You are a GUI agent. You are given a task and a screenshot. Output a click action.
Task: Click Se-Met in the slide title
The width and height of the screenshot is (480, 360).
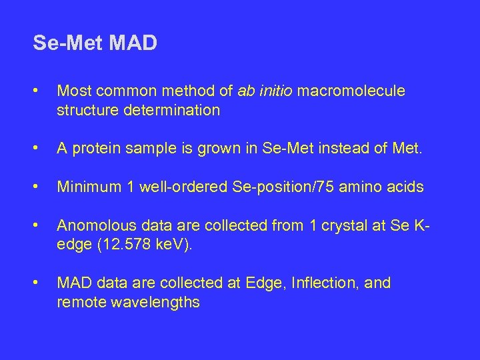[67, 44]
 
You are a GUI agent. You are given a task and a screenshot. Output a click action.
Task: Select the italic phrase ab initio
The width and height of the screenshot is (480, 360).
[265, 91]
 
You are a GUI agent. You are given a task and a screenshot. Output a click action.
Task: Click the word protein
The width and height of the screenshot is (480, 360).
[93, 149]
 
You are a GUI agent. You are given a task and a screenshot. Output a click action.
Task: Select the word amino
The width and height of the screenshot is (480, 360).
[362, 187]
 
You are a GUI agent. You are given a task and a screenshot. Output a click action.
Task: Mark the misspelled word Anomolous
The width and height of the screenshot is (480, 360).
[92, 226]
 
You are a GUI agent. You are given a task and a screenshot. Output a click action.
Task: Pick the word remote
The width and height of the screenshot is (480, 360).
[79, 303]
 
